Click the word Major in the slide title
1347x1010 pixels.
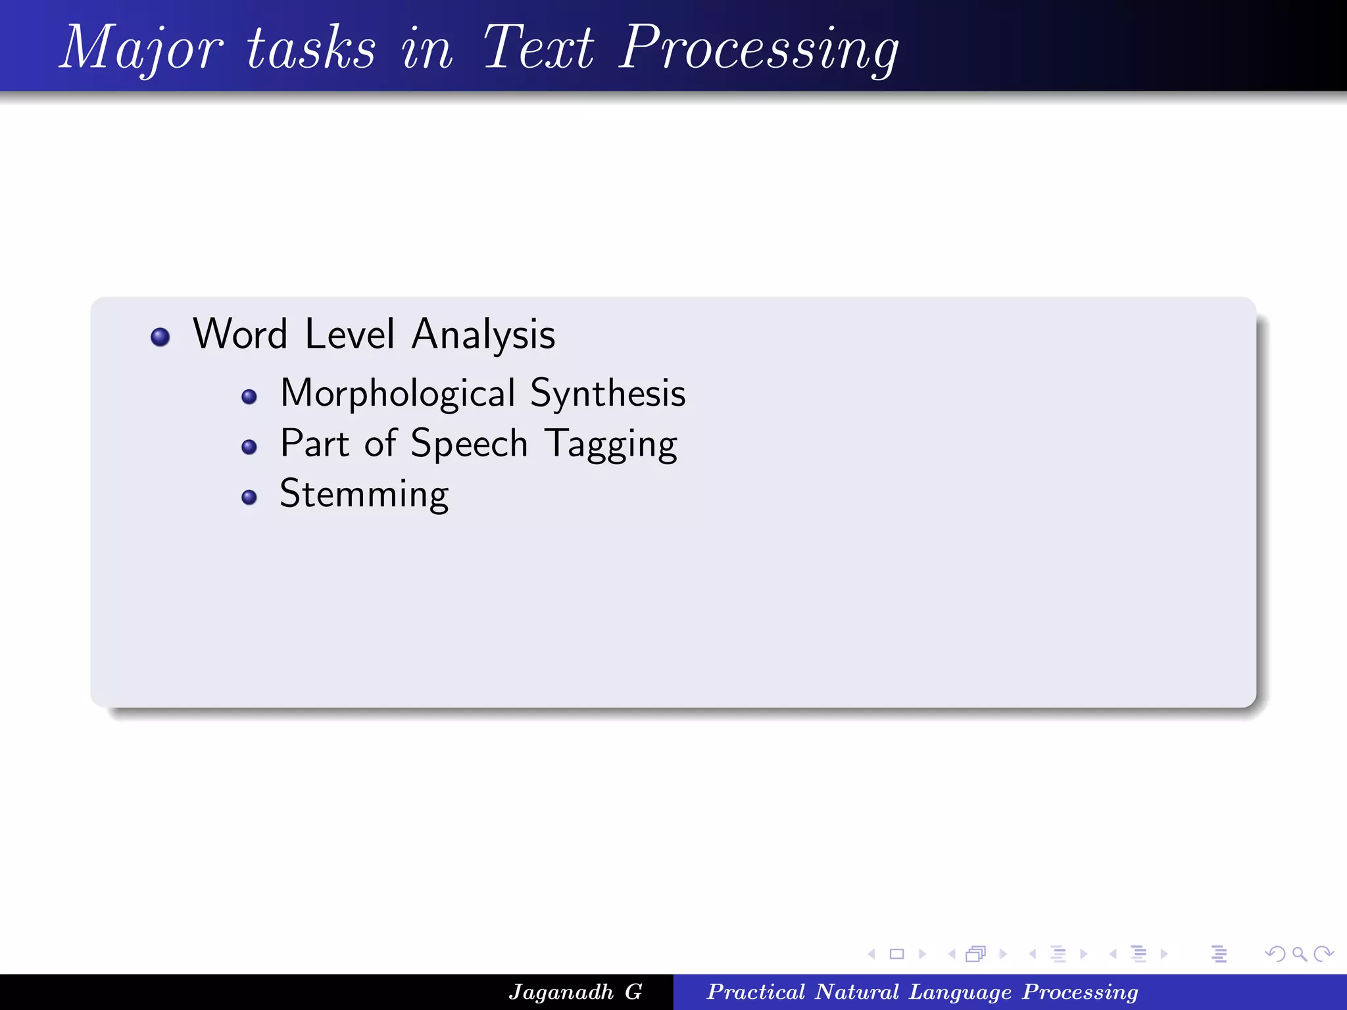[141, 47]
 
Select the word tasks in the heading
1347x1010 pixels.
[311, 47]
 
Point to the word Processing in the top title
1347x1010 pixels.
[759, 47]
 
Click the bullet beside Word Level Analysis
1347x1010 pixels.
[160, 337]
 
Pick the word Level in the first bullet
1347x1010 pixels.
[349, 334]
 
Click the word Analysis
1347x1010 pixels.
[483, 335]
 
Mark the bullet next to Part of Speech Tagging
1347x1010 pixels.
[249, 447]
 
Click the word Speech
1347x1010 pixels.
[469, 444]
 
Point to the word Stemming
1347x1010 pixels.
[364, 494]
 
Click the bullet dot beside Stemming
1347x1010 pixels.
[249, 497]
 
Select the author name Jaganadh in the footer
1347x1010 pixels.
[561, 992]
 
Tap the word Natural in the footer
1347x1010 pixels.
[856, 992]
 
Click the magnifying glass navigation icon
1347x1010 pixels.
[1299, 953]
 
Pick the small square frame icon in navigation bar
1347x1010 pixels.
[896, 953]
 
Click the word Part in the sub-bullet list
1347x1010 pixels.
[314, 444]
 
